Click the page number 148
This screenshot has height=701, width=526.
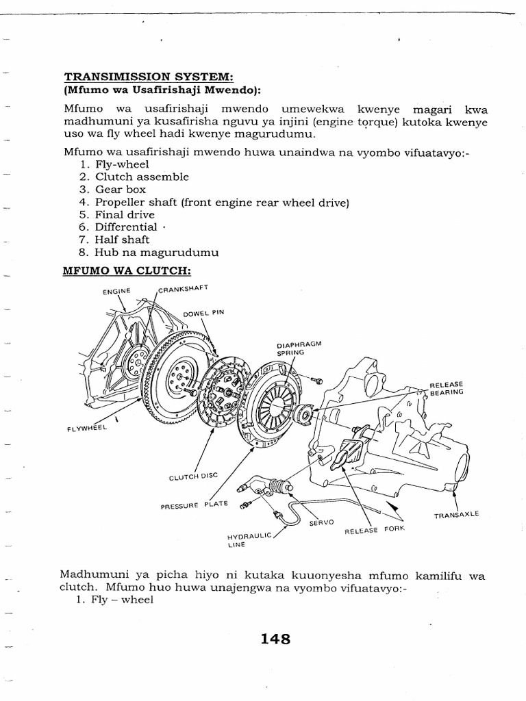275,639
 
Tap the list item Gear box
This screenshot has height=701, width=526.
121,190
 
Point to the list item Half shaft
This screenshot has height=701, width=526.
122,240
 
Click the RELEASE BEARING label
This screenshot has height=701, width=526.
447,388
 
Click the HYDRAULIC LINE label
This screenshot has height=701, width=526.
249,540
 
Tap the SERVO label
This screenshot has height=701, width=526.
321,522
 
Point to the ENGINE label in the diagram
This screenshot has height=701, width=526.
116,291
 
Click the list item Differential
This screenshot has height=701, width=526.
127,227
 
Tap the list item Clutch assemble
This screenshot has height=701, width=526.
142,177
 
